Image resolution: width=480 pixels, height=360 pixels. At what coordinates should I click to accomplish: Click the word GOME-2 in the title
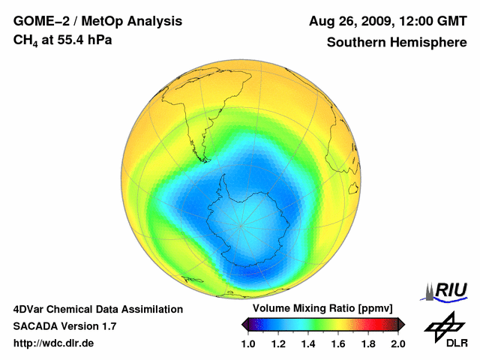click(x=38, y=21)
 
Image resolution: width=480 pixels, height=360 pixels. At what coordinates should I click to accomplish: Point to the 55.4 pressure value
click(x=68, y=40)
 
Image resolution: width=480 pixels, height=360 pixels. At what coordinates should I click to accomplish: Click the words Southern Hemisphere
click(x=396, y=43)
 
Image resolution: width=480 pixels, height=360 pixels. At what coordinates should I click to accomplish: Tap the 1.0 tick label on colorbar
click(x=248, y=343)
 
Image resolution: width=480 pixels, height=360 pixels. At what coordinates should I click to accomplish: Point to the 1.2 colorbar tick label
click(x=278, y=343)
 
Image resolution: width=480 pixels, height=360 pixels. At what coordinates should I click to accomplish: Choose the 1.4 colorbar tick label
click(x=308, y=343)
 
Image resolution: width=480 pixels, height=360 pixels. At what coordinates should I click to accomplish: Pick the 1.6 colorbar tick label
click(x=338, y=343)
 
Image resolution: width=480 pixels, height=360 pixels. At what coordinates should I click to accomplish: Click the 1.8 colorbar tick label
click(x=368, y=343)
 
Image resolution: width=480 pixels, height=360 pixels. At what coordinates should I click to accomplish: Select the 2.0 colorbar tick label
click(x=397, y=343)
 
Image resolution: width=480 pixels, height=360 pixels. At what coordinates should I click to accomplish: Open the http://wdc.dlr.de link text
click(x=54, y=343)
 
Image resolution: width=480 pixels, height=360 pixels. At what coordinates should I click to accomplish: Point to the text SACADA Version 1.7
click(x=64, y=326)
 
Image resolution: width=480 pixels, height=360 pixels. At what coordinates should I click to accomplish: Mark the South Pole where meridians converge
click(x=241, y=225)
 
